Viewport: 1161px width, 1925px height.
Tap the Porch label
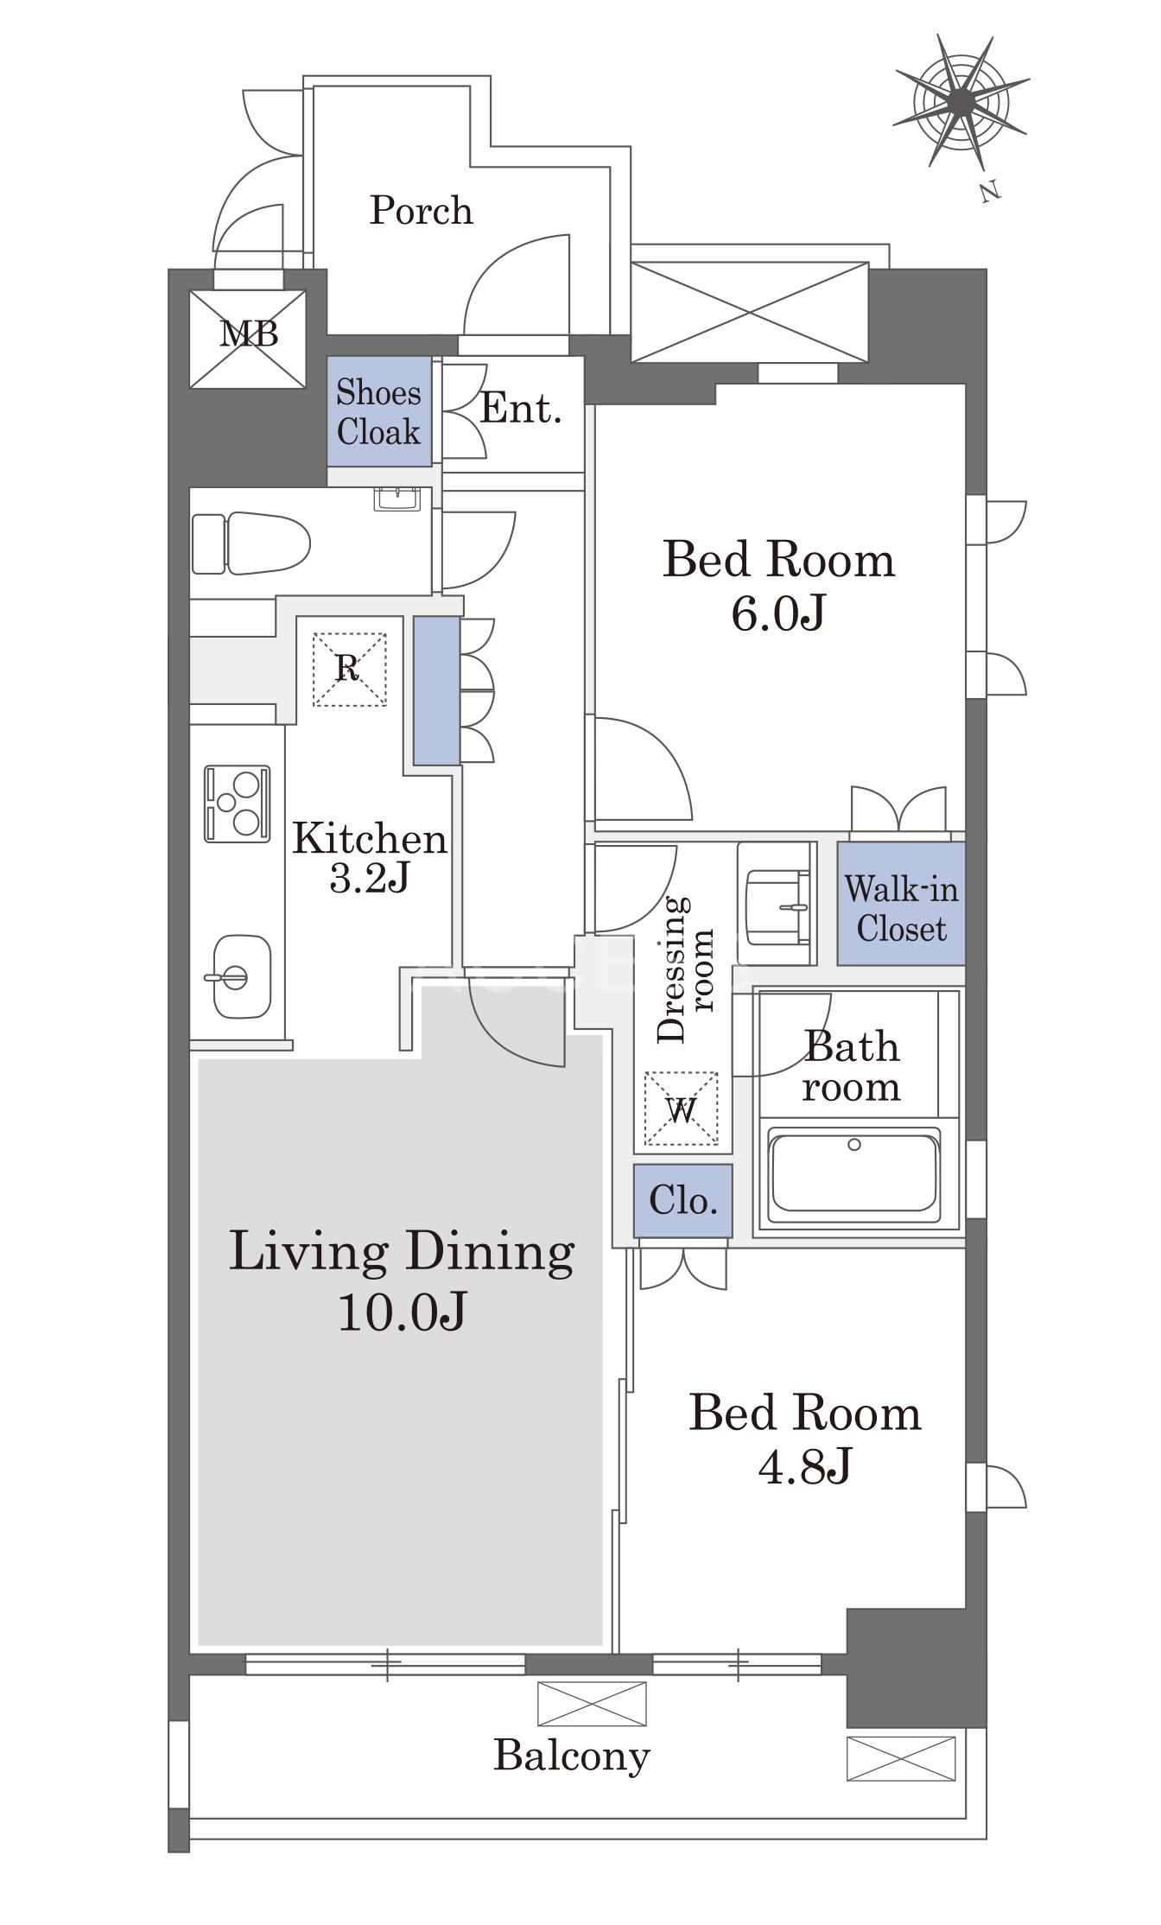point(422,210)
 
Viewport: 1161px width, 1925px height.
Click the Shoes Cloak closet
point(379,411)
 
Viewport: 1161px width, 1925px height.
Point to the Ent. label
point(520,408)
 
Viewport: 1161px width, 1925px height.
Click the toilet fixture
point(251,543)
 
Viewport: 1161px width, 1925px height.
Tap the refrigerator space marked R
point(349,670)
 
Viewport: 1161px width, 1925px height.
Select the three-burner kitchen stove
point(237,804)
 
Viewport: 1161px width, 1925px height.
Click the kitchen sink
point(241,976)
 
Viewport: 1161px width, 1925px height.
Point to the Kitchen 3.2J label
point(369,857)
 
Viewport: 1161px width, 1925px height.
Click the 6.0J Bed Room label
point(778,585)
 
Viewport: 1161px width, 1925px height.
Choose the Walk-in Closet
point(901,904)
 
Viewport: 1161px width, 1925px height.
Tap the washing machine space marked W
point(682,1109)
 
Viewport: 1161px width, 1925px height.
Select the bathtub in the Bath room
point(853,1173)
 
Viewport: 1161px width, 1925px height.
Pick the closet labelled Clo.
point(682,1200)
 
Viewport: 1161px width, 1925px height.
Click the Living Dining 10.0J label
point(402,1280)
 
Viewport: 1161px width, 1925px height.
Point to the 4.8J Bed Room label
point(805,1439)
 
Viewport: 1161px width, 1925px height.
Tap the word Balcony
point(572,1756)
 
